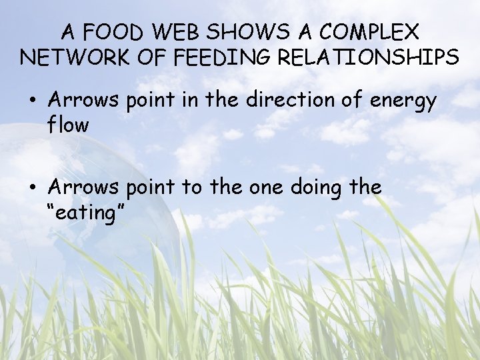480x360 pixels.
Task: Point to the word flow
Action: [68, 124]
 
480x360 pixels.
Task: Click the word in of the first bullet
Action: [177, 101]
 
